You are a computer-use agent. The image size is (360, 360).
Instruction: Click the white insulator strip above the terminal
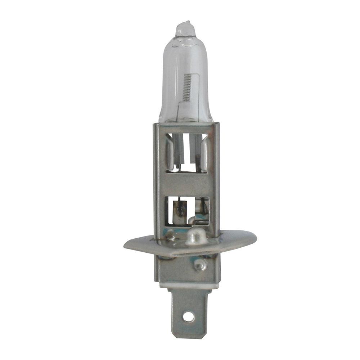[187, 284]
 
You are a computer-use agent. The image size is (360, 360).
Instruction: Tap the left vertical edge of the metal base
[156, 180]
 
